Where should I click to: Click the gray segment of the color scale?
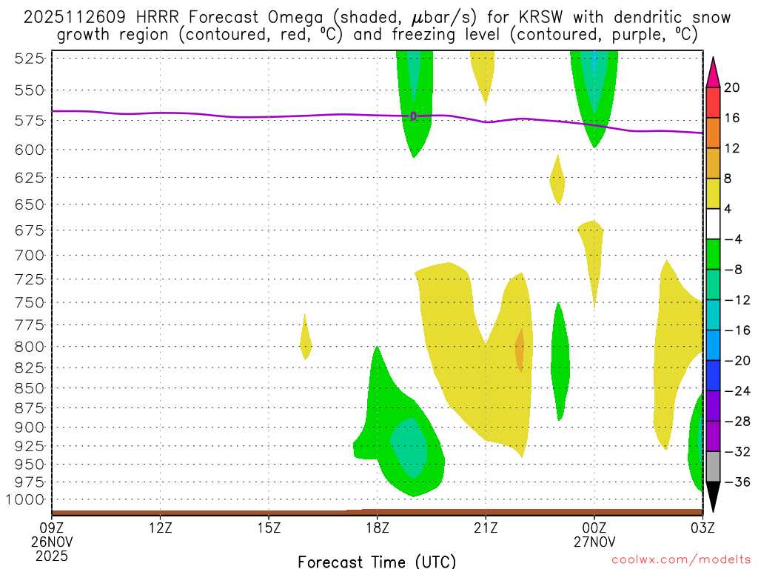pyautogui.click(x=713, y=467)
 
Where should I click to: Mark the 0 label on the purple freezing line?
pyautogui.click(x=413, y=116)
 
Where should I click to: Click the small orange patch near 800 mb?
pyautogui.click(x=520, y=350)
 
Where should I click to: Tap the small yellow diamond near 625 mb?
pyautogui.click(x=557, y=179)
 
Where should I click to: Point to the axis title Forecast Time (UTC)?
pyautogui.click(x=377, y=561)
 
